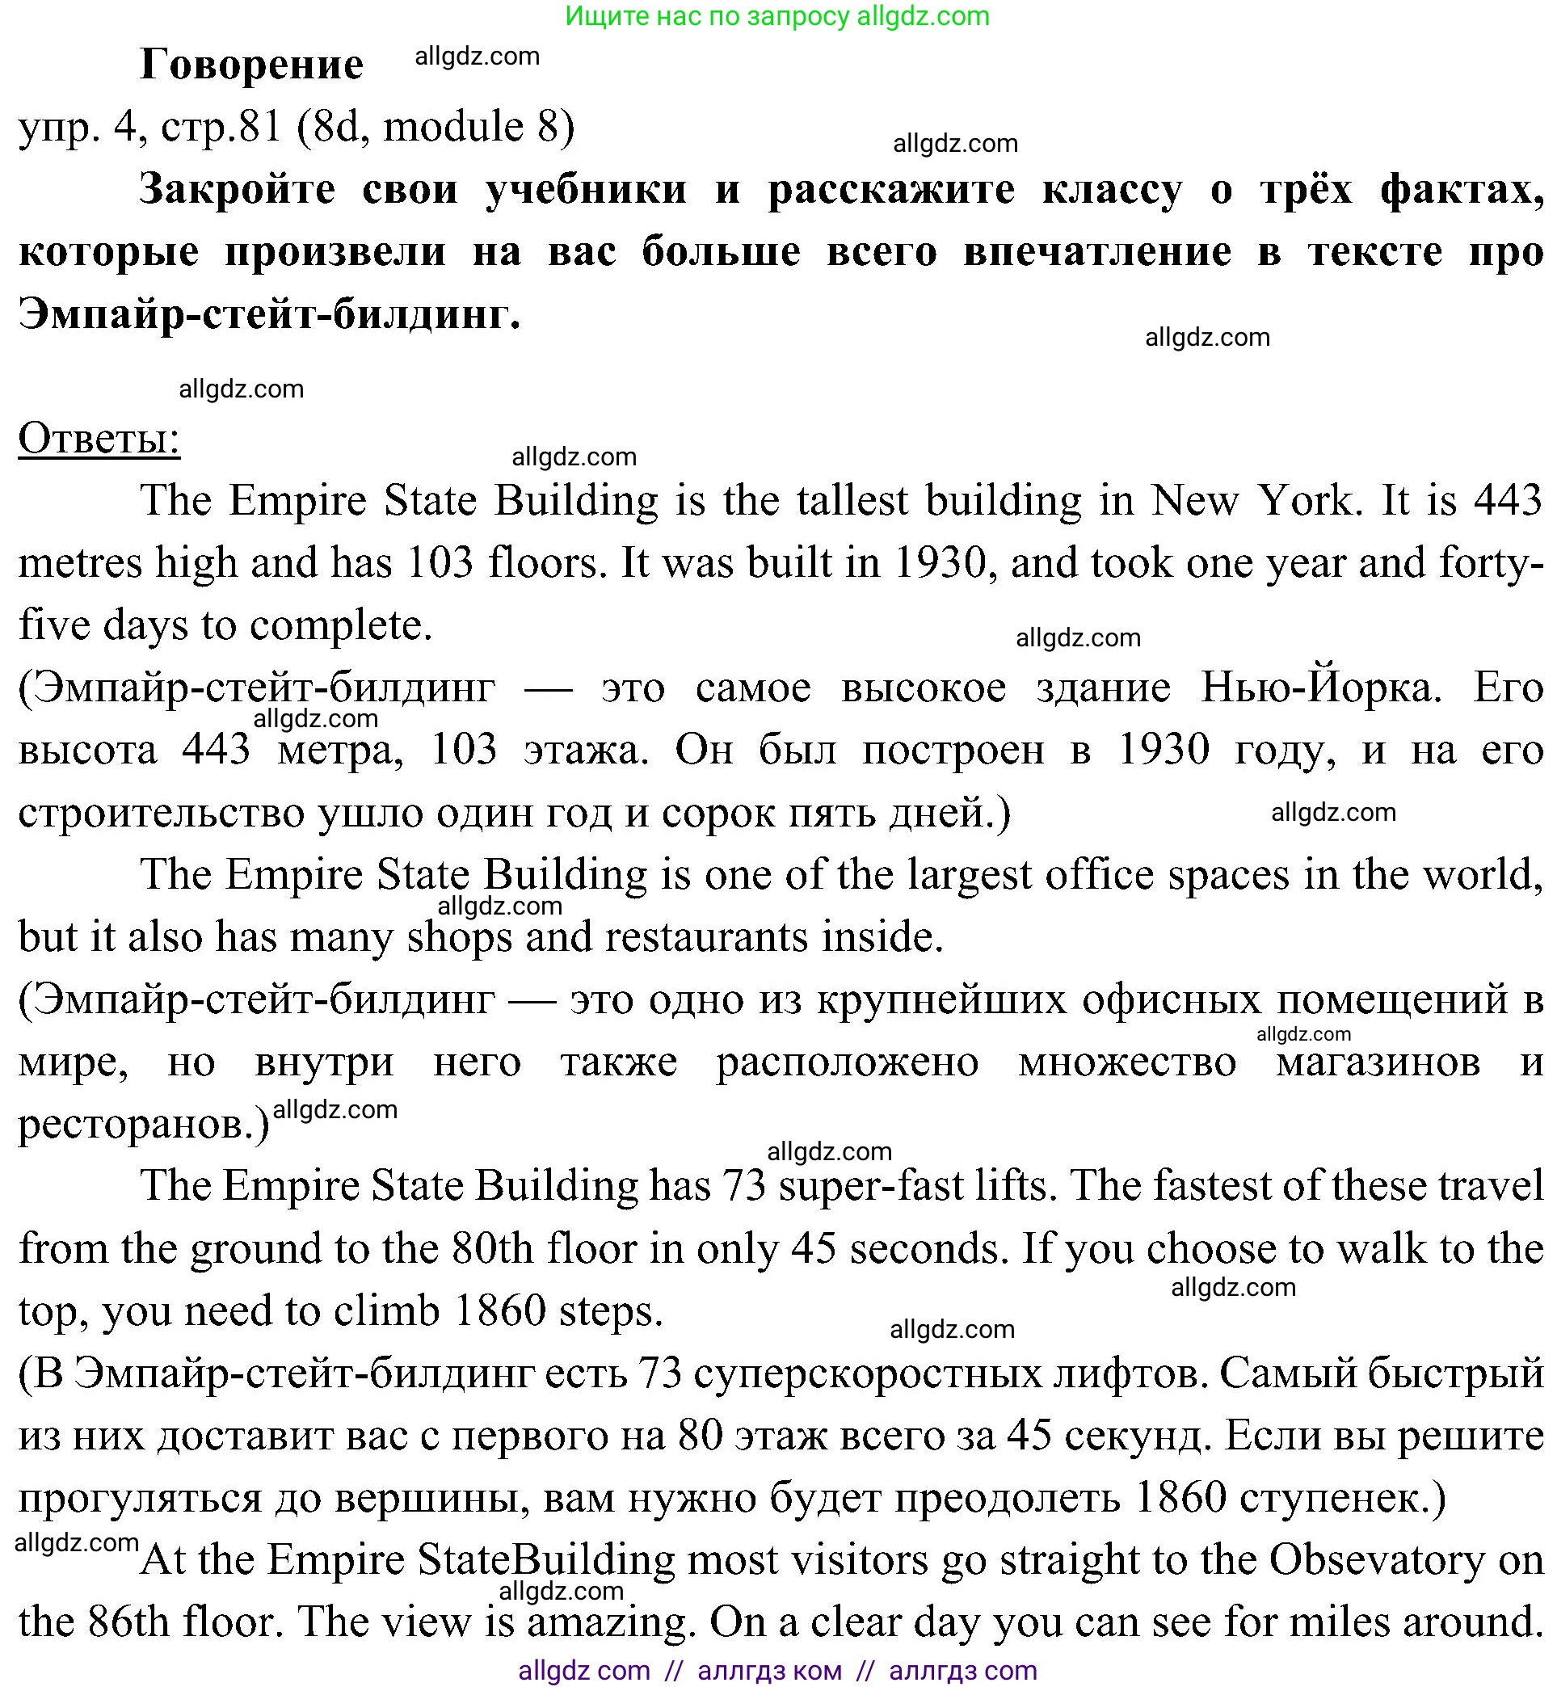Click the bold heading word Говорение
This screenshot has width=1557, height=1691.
pyautogui.click(x=251, y=64)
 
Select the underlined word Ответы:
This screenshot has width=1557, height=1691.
pyautogui.click(x=99, y=438)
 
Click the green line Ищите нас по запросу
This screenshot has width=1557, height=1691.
pyautogui.click(x=776, y=16)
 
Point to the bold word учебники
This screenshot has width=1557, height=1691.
pyautogui.click(x=587, y=189)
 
